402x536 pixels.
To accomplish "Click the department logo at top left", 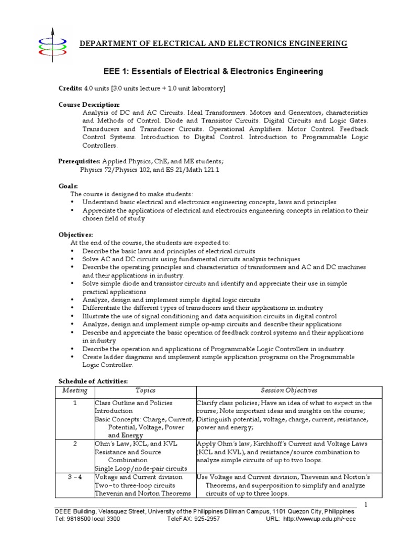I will (x=52, y=42).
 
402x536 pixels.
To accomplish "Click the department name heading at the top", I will (x=213, y=43).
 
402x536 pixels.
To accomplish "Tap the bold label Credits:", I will (x=70, y=88).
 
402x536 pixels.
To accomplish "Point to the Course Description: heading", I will (x=89, y=105).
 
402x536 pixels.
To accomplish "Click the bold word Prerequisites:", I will (x=79, y=161).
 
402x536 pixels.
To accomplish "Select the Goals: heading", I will (x=68, y=186).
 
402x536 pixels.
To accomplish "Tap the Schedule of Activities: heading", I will (x=93, y=381).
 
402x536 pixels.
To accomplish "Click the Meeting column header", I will (x=75, y=390).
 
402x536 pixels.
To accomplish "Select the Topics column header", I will (x=146, y=390).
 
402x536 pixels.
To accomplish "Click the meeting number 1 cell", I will (x=75, y=403).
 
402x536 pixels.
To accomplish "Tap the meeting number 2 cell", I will (x=75, y=444).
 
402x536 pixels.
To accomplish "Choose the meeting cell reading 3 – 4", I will (x=75, y=477).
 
